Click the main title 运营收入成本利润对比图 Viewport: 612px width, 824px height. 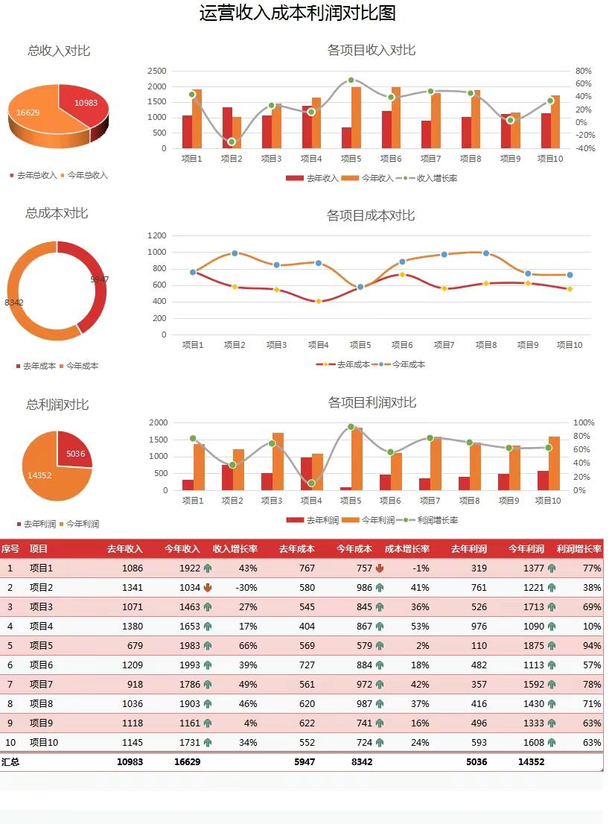click(297, 13)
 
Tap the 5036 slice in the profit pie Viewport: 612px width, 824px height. click(75, 451)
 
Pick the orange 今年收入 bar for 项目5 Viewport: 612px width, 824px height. click(356, 117)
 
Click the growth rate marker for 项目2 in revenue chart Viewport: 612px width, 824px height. click(232, 142)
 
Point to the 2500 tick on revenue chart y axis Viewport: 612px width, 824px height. click(157, 71)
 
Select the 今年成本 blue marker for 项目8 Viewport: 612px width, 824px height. click(486, 253)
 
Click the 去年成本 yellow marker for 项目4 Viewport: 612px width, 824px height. click(319, 301)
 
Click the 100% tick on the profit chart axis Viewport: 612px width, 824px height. click(584, 422)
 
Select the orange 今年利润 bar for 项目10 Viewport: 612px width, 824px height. click(554, 463)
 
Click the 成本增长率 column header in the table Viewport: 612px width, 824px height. click(407, 549)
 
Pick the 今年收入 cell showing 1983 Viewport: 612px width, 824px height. click(189, 645)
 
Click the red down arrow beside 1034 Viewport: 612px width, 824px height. click(208, 587)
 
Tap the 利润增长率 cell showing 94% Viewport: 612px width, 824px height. click(592, 645)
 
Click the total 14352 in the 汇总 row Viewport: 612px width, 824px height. click(531, 761)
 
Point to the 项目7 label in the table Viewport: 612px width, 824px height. click(41, 684)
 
